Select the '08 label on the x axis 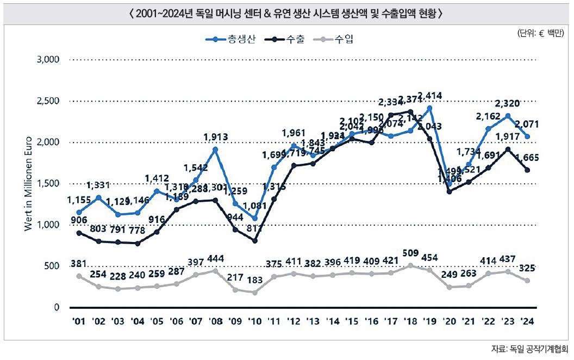(x=216, y=321)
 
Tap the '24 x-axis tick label (x=527, y=321)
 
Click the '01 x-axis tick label (x=79, y=321)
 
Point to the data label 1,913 (x=216, y=137)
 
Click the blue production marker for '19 (x=430, y=108)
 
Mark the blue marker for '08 (x=216, y=149)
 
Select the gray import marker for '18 (x=410, y=265)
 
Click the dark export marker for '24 (x=527, y=170)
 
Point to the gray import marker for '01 (x=79, y=276)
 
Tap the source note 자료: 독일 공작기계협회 (x=529, y=349)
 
